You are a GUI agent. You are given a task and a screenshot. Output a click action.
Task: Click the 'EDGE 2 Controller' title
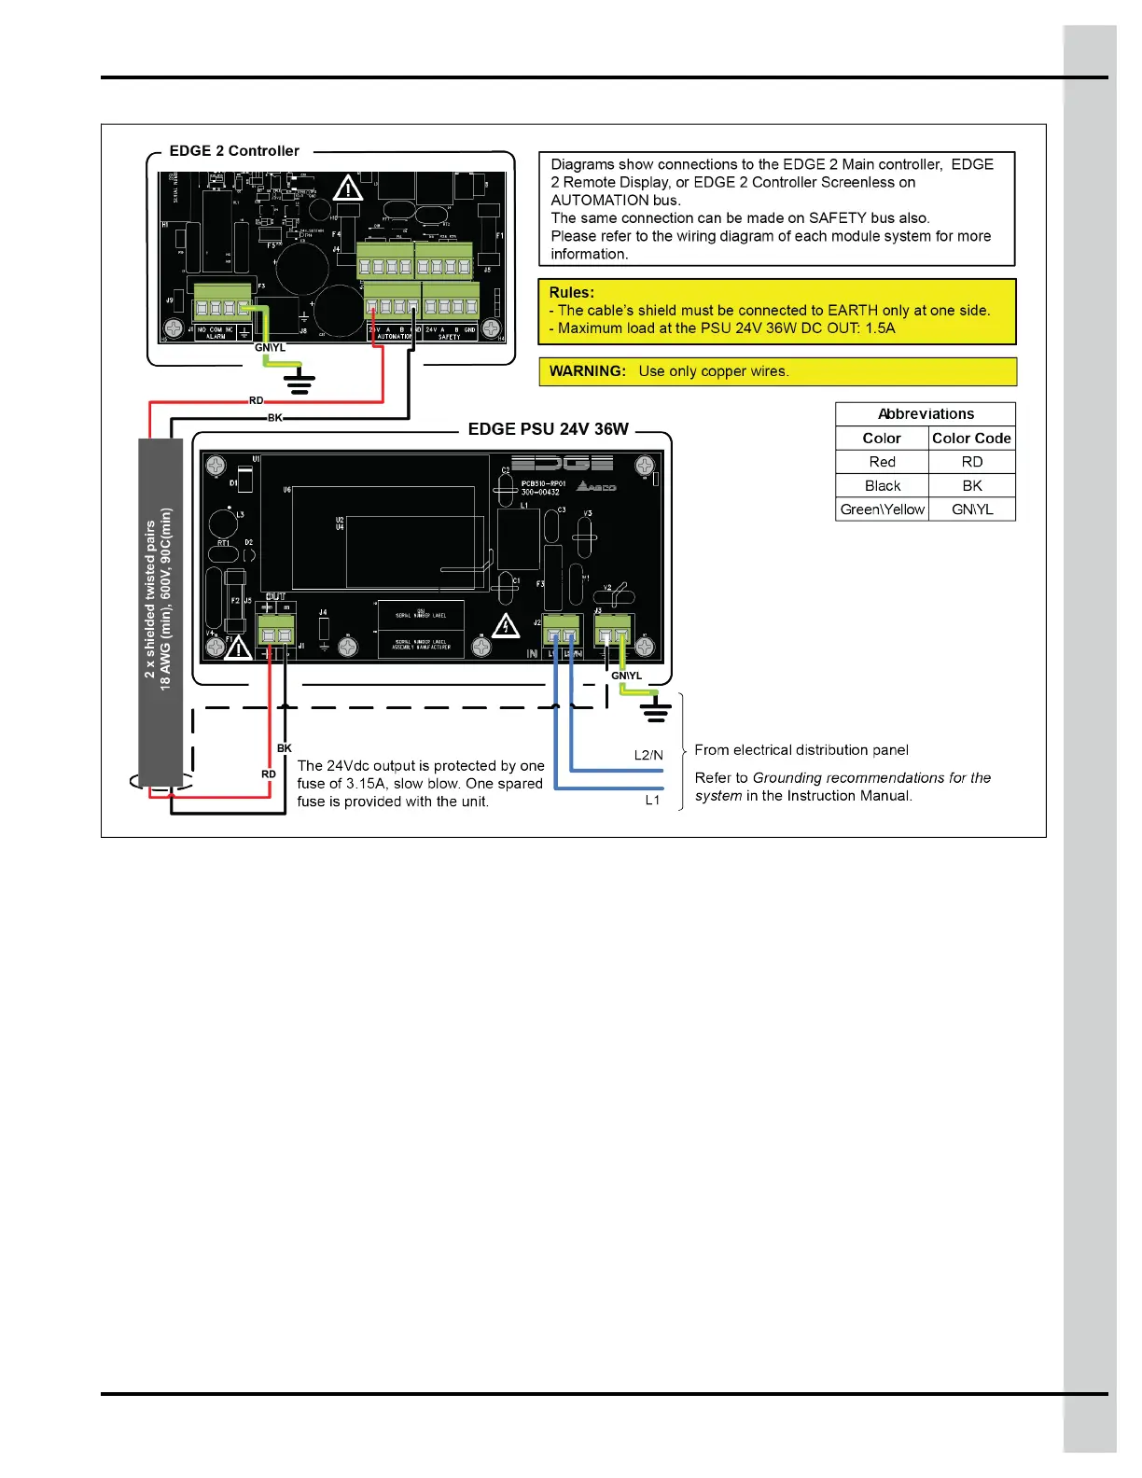tap(234, 151)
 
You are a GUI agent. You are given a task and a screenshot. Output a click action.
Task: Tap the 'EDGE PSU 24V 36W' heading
tap(549, 429)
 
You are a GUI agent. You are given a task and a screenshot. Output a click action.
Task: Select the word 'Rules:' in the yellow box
tap(571, 292)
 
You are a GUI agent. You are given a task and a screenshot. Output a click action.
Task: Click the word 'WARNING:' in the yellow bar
tap(587, 371)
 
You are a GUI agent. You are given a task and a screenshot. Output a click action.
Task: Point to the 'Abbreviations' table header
tap(926, 414)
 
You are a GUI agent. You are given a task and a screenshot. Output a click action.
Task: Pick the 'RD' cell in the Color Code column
tap(972, 462)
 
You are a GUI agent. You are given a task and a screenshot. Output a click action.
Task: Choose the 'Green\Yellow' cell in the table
tap(882, 509)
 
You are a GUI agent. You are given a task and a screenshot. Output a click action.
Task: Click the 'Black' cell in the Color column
tap(882, 485)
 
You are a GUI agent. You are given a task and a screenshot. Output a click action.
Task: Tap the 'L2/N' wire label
tap(648, 755)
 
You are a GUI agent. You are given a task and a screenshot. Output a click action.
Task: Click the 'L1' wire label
tap(652, 800)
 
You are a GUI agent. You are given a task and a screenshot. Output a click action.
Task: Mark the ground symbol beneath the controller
tap(299, 382)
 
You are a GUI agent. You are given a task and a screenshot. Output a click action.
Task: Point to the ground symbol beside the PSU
tap(657, 713)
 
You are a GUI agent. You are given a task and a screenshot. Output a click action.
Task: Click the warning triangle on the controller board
tap(348, 188)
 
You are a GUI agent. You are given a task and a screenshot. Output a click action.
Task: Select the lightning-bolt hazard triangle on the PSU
tap(506, 625)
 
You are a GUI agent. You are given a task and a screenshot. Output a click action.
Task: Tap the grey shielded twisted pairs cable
tap(160, 611)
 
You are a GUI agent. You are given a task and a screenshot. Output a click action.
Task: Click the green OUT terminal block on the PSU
tap(275, 632)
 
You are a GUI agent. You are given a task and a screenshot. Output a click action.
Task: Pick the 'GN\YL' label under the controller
tap(271, 348)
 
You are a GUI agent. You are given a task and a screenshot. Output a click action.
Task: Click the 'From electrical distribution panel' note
tap(801, 750)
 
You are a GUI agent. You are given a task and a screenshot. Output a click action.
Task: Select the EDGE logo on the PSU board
tap(562, 463)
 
